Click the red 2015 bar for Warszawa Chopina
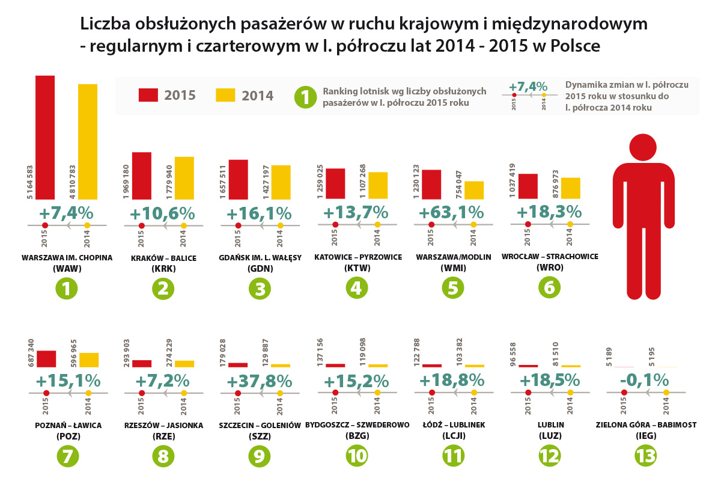click(x=45, y=137)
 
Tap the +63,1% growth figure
click(x=451, y=212)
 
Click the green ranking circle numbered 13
click(x=646, y=456)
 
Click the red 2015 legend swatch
click(x=148, y=95)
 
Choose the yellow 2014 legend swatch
click(x=225, y=95)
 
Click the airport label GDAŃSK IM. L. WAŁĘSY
click(x=260, y=258)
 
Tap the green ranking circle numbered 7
click(x=67, y=456)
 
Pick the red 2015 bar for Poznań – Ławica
click(x=46, y=358)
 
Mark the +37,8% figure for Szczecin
click(x=259, y=381)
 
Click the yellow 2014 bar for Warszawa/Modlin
click(x=473, y=190)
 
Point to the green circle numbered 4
click(x=357, y=288)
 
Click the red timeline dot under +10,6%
click(x=142, y=225)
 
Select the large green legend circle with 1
click(x=305, y=96)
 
